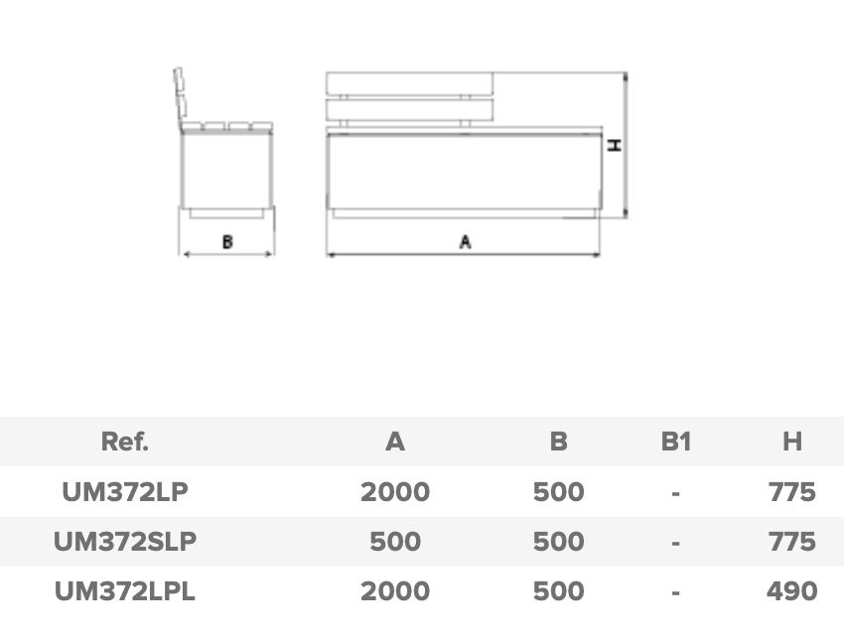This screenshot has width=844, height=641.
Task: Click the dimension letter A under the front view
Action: pyautogui.click(x=466, y=242)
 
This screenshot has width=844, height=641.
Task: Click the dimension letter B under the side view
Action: pyautogui.click(x=227, y=242)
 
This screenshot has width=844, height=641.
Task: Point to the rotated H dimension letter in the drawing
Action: pyautogui.click(x=615, y=145)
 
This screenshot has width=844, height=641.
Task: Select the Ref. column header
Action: pyautogui.click(x=125, y=442)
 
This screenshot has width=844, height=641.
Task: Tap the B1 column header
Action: pyautogui.click(x=675, y=442)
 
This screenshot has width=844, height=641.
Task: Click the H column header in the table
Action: pyautogui.click(x=792, y=442)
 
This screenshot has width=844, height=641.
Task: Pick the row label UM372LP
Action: pyautogui.click(x=125, y=491)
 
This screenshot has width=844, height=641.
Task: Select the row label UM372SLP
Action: pyautogui.click(x=125, y=542)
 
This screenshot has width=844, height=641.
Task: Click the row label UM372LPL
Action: pyautogui.click(x=125, y=591)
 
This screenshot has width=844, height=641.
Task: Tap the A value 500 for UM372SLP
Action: pyautogui.click(x=395, y=542)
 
